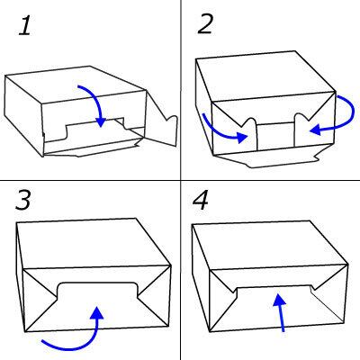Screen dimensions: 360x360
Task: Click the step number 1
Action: (x=25, y=25)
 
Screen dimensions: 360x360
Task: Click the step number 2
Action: (x=206, y=23)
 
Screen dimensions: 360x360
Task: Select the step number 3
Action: (x=23, y=200)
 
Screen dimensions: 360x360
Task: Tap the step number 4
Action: (x=201, y=200)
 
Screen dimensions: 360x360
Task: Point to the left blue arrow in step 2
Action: (x=222, y=132)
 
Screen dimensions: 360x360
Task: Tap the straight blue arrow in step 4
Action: (x=281, y=312)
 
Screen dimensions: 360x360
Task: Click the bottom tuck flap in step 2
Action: (x=267, y=157)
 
